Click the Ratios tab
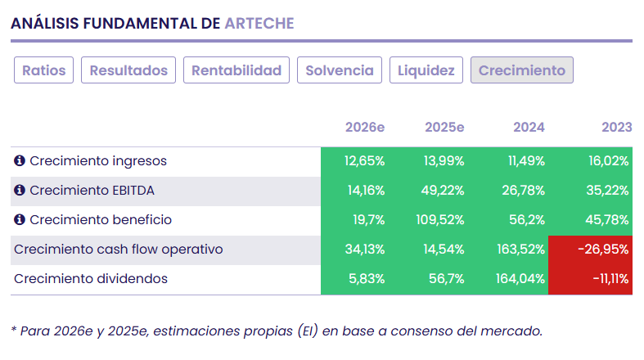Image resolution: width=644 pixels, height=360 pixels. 44,70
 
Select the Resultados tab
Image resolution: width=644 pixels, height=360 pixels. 128,70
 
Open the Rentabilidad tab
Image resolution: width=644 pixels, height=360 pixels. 236,70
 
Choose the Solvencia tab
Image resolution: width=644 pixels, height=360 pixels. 339,70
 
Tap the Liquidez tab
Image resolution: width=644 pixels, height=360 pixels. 426,70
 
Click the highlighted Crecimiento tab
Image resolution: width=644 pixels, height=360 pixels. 521,70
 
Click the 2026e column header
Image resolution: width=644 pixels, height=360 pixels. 365,127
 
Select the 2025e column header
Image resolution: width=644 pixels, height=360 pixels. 444,127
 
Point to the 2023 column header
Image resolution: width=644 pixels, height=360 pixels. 616,127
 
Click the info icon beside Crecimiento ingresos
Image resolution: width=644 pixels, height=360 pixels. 20,161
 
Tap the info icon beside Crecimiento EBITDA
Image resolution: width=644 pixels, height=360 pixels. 20,191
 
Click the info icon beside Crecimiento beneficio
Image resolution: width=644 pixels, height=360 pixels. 20,220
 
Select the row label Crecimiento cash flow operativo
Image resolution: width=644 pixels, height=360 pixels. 119,250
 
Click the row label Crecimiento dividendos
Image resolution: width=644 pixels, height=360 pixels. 91,279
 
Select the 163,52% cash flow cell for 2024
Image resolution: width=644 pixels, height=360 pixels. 520,250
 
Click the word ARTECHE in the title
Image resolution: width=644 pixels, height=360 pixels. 259,23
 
